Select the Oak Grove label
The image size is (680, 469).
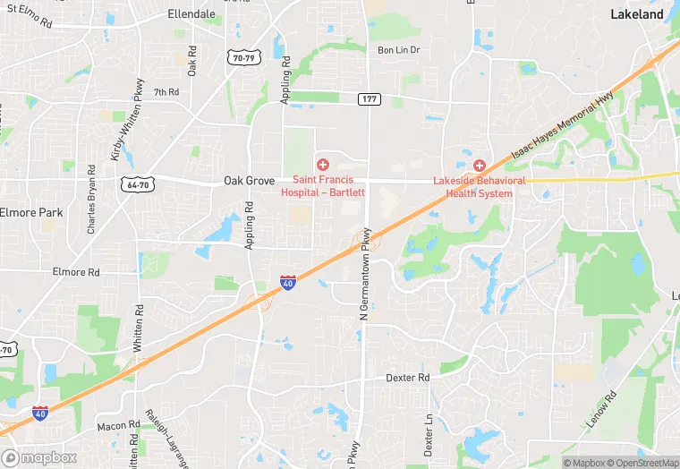coord(249,181)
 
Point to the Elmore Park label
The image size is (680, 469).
coord(31,213)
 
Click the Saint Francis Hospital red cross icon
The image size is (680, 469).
coord(322,165)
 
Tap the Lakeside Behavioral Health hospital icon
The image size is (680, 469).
coord(480,166)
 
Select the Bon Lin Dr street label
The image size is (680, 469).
coord(398,50)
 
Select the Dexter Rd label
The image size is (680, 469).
coord(408,378)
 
